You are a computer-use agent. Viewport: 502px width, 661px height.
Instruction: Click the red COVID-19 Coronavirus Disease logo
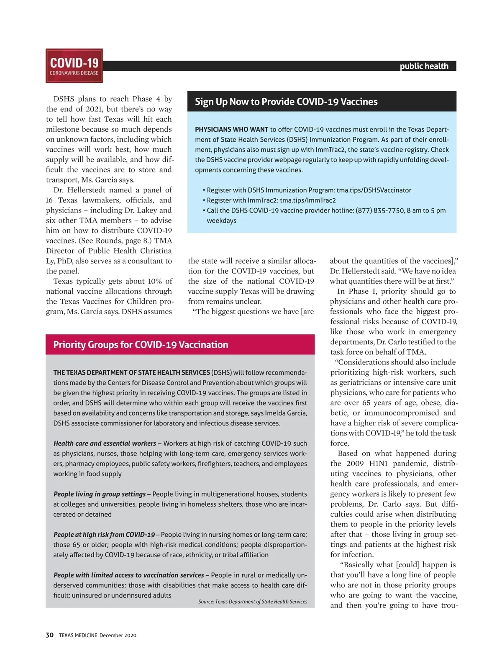pyautogui.click(x=74, y=66)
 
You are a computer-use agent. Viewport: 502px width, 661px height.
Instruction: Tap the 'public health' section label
pyautogui.click(x=424, y=66)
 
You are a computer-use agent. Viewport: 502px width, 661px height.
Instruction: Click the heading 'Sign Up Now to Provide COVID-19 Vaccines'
pyautogui.click(x=286, y=102)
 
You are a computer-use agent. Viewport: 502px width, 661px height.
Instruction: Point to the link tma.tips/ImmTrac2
pyautogui.click(x=307, y=200)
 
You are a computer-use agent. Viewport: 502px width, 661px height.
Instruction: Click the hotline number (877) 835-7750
pyautogui.click(x=380, y=210)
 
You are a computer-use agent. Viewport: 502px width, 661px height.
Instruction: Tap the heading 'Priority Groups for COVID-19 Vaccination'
pyautogui.click(x=141, y=345)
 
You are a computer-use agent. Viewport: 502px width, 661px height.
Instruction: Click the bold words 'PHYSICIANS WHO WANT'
pyautogui.click(x=231, y=130)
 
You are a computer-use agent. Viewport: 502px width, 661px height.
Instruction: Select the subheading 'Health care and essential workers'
pyautogui.click(x=105, y=443)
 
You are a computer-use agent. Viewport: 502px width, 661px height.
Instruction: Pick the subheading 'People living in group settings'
pyautogui.click(x=100, y=494)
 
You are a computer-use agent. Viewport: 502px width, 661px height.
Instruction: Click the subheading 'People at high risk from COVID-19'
pyautogui.click(x=104, y=535)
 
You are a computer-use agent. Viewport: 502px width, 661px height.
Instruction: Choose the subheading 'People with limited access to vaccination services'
pyautogui.click(x=128, y=575)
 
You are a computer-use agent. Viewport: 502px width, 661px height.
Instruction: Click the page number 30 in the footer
pyautogui.click(x=49, y=635)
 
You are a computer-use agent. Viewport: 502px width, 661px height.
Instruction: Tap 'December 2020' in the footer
pyautogui.click(x=118, y=635)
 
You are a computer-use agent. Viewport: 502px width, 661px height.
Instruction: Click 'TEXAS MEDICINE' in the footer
pyautogui.click(x=78, y=635)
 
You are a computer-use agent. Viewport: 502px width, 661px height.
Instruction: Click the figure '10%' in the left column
pyautogui.click(x=154, y=281)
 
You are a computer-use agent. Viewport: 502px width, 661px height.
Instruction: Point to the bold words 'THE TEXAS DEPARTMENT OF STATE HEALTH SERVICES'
pyautogui.click(x=131, y=372)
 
